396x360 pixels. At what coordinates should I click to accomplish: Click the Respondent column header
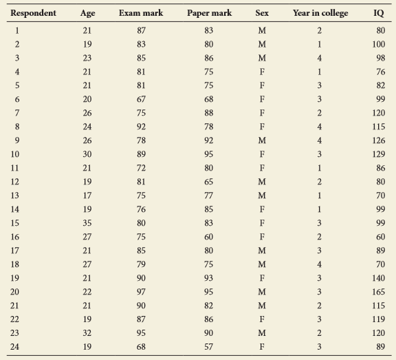[x=33, y=13]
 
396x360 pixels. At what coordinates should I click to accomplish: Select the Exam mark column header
[x=141, y=13]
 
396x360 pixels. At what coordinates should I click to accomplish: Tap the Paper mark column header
[x=210, y=13]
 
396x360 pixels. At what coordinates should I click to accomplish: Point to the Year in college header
[x=320, y=13]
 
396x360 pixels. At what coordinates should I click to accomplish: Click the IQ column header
[x=379, y=13]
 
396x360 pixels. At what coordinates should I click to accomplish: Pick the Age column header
[x=87, y=13]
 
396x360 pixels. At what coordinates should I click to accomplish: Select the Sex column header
[x=262, y=13]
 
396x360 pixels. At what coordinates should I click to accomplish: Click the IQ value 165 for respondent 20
[x=379, y=292]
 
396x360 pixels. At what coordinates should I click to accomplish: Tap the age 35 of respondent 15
[x=87, y=223]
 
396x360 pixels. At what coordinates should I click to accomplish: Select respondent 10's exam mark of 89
[x=141, y=154]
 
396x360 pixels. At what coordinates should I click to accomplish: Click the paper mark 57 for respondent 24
[x=208, y=347]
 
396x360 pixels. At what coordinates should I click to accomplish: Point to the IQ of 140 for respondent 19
[x=379, y=278]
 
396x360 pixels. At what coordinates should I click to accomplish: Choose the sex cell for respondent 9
[x=262, y=140]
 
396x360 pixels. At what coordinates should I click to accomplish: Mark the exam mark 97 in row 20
[x=141, y=292]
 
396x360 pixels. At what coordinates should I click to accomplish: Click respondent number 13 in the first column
[x=14, y=195]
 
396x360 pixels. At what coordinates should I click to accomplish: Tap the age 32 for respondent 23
[x=87, y=333]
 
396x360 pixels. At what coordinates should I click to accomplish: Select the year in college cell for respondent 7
[x=320, y=113]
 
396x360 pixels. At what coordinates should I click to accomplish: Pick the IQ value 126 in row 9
[x=379, y=140]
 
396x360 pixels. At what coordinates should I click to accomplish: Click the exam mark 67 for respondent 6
[x=141, y=99]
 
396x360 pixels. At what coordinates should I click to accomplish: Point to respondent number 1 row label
[x=17, y=30]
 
